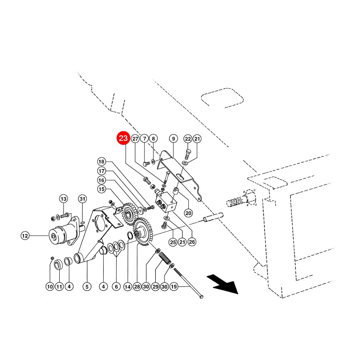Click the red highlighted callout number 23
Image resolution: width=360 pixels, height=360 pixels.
(123, 138)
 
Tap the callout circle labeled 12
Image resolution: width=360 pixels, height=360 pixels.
(25, 236)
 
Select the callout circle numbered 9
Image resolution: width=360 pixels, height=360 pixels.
(173, 139)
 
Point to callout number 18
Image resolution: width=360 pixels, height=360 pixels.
(101, 162)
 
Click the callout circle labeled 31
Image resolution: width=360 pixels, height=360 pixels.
(82, 199)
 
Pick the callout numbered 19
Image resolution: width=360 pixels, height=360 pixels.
(174, 286)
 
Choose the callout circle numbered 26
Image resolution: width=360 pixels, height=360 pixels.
(192, 242)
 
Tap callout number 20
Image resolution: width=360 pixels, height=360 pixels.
(188, 213)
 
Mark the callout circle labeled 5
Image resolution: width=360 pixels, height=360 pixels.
(87, 286)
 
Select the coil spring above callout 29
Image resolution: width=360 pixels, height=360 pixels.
(165, 258)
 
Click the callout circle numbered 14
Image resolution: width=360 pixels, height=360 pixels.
(128, 286)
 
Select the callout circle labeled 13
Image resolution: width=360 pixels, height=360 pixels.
(64, 199)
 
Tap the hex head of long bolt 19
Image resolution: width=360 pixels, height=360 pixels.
(201, 297)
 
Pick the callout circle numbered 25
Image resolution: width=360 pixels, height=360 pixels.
(173, 242)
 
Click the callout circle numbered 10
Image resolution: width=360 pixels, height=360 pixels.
(50, 286)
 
